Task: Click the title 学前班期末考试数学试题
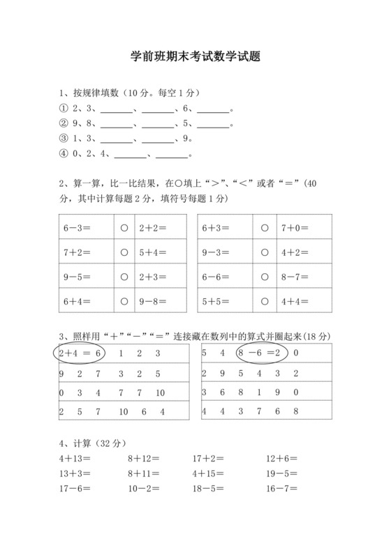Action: (195, 57)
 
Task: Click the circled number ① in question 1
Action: (64, 109)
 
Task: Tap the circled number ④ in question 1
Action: (64, 154)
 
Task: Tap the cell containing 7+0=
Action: (300, 227)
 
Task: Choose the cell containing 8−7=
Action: (300, 277)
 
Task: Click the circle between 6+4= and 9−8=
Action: (124, 302)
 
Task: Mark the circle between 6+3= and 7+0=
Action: (265, 227)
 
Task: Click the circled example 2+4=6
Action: (80, 353)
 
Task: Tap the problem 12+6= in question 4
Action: (281, 459)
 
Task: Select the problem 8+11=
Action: (143, 475)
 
